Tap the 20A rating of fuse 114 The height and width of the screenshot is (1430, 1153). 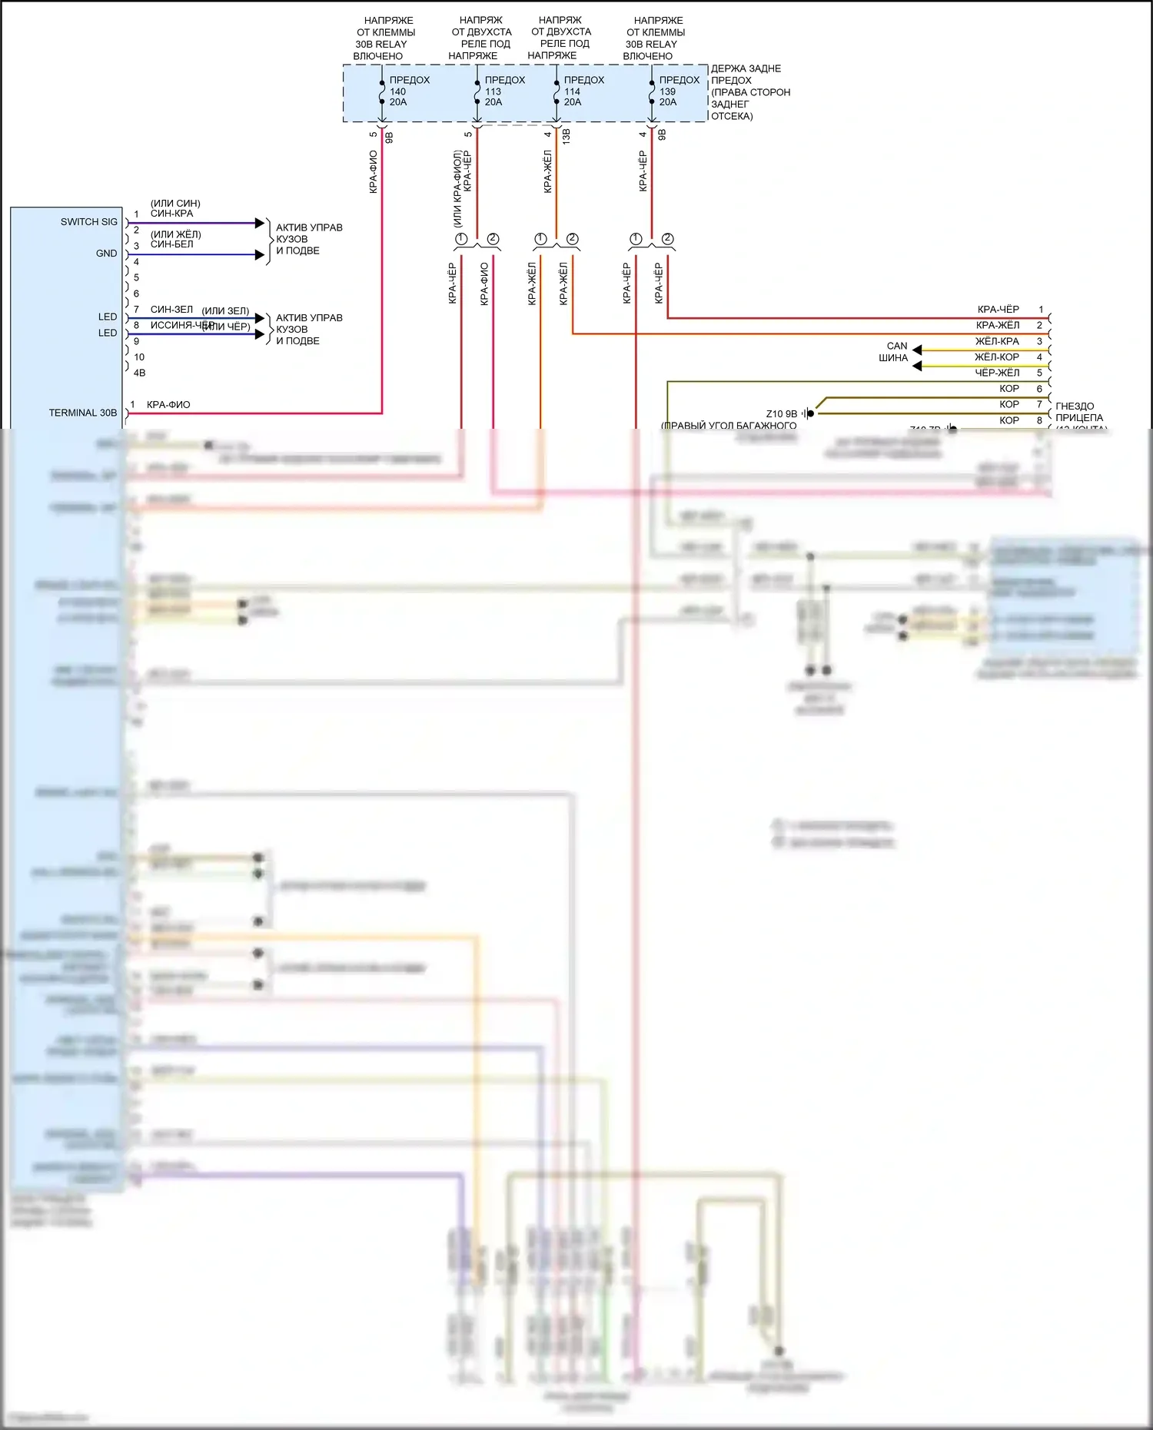[573, 102]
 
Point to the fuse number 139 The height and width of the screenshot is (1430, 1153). [667, 91]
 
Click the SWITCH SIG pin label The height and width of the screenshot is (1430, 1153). [89, 222]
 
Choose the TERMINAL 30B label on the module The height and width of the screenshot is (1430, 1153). [83, 413]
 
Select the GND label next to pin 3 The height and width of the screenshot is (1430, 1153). [106, 254]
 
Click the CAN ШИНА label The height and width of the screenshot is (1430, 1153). [895, 352]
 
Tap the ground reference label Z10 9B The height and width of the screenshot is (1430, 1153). [782, 414]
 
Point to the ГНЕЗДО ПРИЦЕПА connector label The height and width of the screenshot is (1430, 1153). [1078, 412]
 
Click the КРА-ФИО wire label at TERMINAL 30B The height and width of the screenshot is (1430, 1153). [168, 405]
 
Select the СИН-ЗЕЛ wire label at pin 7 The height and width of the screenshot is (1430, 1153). [171, 310]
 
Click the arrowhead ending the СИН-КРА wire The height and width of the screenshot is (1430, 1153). [260, 223]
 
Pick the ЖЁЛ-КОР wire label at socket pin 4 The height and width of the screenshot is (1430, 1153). [996, 357]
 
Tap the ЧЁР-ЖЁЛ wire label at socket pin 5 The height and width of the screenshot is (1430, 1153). [997, 373]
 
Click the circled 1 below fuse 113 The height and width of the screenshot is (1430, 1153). [461, 239]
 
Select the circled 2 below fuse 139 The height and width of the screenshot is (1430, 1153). [667, 239]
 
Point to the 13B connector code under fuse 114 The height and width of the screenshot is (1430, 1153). [567, 137]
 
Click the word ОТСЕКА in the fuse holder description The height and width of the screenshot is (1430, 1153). [732, 117]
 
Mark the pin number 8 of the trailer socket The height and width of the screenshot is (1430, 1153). [1039, 420]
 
